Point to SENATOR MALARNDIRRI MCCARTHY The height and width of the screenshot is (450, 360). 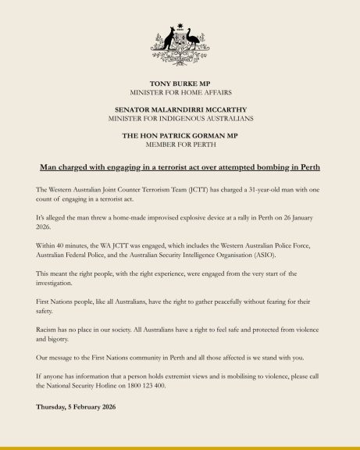180,110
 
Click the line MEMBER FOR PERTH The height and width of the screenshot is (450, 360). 180,146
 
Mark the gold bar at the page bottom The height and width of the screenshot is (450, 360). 180,447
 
